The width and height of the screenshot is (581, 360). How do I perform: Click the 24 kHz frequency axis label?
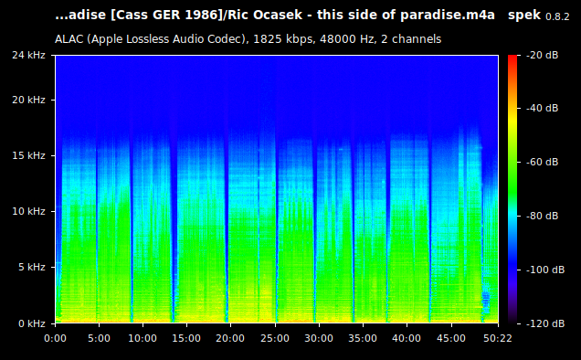pos(30,56)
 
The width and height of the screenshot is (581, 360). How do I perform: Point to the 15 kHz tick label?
pos(30,155)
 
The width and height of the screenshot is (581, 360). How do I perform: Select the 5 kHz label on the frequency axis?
pos(33,267)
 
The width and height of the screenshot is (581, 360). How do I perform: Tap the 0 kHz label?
pos(33,323)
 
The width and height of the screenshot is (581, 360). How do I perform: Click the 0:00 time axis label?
pos(55,338)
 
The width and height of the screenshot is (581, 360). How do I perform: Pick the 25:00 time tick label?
pos(274,338)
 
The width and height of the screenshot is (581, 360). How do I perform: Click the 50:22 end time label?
pos(497,338)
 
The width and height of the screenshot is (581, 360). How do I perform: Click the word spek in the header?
pos(524,16)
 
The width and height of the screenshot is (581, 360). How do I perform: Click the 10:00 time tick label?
pos(143,338)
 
